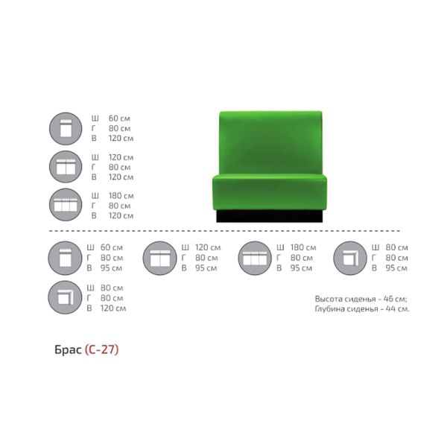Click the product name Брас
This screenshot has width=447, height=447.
(68, 349)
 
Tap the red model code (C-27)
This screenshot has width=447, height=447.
(102, 349)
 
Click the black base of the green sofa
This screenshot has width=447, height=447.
(270, 216)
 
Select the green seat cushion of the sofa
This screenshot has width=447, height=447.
(270, 193)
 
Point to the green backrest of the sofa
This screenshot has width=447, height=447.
(270, 142)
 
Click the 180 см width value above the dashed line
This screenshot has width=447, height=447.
(121, 196)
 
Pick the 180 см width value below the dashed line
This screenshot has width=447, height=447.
(303, 247)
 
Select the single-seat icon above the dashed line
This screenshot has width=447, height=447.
(66, 129)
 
